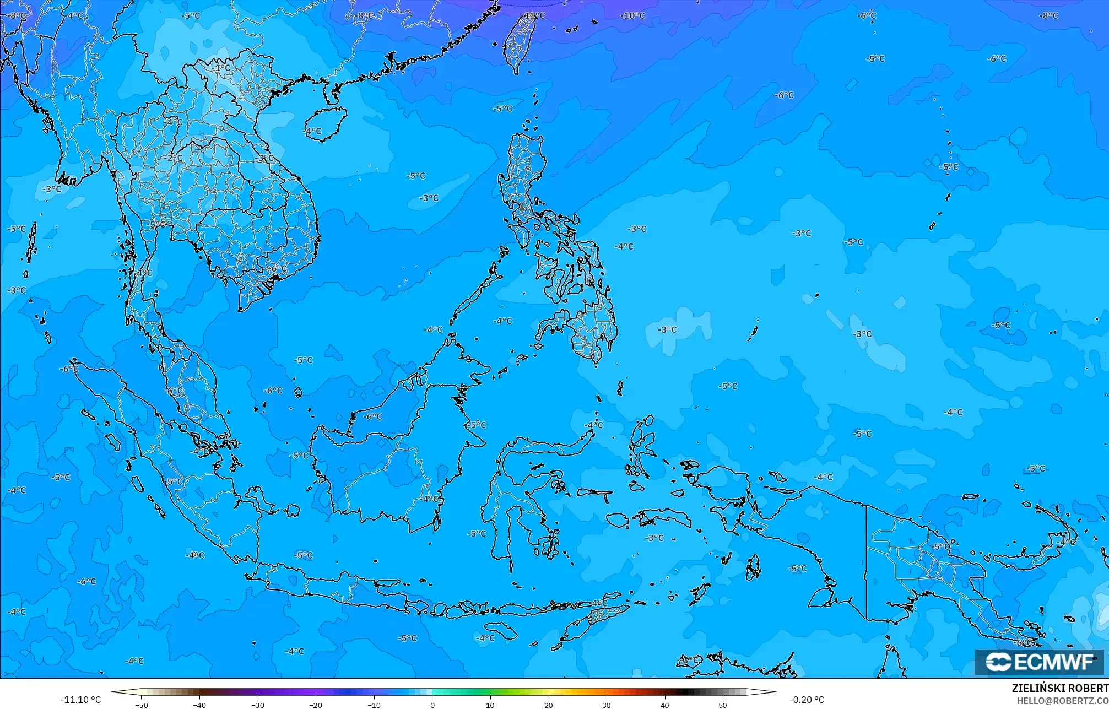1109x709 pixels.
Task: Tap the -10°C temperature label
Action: point(633,16)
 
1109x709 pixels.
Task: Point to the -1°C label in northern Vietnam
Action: point(221,68)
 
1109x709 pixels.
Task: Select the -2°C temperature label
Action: point(173,158)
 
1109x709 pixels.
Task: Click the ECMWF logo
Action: point(1039,662)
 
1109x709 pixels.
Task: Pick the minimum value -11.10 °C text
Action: point(80,700)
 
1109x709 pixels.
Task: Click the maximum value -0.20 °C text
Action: point(807,700)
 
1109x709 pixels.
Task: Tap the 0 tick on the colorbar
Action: point(432,705)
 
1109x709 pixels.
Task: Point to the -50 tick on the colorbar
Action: point(142,705)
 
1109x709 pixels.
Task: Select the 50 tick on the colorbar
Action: point(723,705)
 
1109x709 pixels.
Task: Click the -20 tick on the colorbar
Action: point(316,705)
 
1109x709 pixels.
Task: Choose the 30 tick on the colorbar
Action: point(607,705)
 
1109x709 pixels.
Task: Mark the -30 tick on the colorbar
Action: point(258,705)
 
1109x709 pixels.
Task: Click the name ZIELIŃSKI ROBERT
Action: point(1059,689)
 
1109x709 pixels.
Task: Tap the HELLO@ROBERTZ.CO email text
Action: point(1062,701)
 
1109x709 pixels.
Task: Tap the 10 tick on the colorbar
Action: point(490,705)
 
